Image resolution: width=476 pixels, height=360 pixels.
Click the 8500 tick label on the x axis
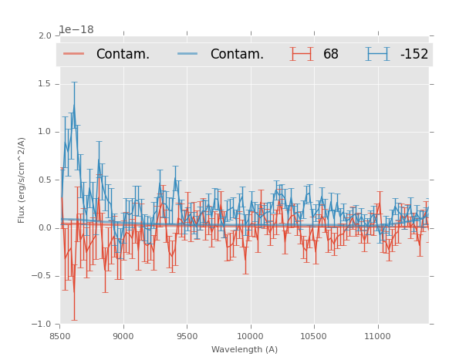click(60, 335)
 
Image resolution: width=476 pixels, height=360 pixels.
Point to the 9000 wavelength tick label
click(123, 335)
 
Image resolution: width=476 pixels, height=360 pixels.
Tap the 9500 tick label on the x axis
click(187, 335)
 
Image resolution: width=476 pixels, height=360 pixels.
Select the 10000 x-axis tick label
click(250, 335)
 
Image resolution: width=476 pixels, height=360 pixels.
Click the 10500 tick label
click(313, 335)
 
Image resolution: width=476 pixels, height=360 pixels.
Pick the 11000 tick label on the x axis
click(377, 335)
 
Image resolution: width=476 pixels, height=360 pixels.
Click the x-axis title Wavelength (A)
click(245, 349)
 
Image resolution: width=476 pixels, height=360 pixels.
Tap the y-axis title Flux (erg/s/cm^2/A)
click(22, 180)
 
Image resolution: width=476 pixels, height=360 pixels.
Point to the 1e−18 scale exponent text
click(76, 30)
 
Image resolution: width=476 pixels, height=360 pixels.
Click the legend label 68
click(331, 54)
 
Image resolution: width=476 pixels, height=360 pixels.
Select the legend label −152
click(414, 54)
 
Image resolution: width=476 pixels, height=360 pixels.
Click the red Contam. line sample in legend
click(74, 54)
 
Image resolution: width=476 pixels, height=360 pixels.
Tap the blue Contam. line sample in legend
click(188, 54)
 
